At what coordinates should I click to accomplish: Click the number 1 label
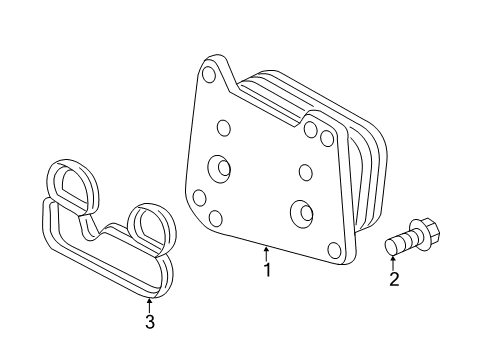(266, 270)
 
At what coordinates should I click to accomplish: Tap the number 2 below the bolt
(394, 279)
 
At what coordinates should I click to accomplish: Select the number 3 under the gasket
(149, 321)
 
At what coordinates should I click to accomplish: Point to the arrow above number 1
(266, 252)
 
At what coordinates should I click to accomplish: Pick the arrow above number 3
(149, 303)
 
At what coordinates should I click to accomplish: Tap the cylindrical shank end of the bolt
(391, 246)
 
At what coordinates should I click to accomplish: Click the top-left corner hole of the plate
(209, 74)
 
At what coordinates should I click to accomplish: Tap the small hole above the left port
(223, 127)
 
